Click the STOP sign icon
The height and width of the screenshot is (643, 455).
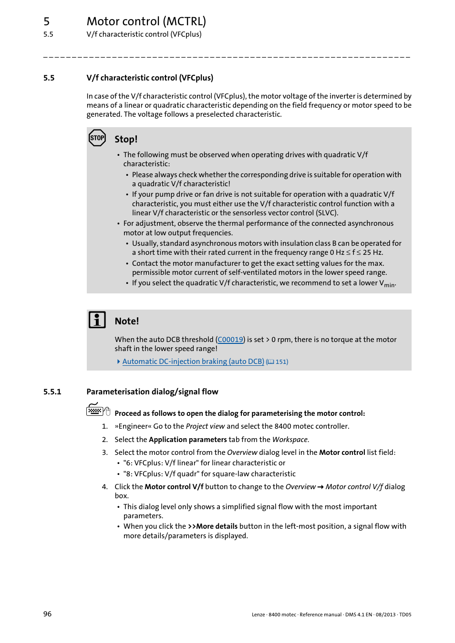pyautogui.click(x=97, y=138)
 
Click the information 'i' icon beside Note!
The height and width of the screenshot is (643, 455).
pyautogui.click(x=97, y=320)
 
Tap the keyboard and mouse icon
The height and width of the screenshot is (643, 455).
pyautogui.click(x=98, y=410)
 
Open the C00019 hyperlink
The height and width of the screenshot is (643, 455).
pyautogui.click(x=230, y=340)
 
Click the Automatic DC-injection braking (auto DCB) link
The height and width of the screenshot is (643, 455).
pyautogui.click(x=193, y=362)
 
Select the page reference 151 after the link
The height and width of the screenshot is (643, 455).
pyautogui.click(x=281, y=362)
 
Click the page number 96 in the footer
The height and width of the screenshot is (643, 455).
pyautogui.click(x=47, y=614)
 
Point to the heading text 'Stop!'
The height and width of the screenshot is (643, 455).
pyautogui.click(x=126, y=139)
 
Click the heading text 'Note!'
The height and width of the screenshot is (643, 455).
pyautogui.click(x=127, y=321)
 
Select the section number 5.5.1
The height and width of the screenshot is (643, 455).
pyautogui.click(x=52, y=392)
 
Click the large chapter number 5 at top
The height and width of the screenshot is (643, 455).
pyautogui.click(x=46, y=21)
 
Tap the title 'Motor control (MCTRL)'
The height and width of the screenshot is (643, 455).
pyautogui.click(x=146, y=21)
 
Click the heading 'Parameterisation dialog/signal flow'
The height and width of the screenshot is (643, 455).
pyautogui.click(x=152, y=392)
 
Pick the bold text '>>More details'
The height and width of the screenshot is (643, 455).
pyautogui.click(x=213, y=526)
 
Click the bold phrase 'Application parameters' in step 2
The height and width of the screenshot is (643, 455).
pyautogui.click(x=187, y=440)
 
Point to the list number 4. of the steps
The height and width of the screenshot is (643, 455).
pyautogui.click(x=104, y=487)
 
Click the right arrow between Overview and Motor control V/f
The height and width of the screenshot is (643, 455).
pyautogui.click(x=321, y=487)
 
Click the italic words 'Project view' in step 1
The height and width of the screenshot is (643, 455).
pyautogui.click(x=205, y=426)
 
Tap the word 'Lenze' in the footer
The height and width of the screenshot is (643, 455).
pyautogui.click(x=258, y=614)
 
